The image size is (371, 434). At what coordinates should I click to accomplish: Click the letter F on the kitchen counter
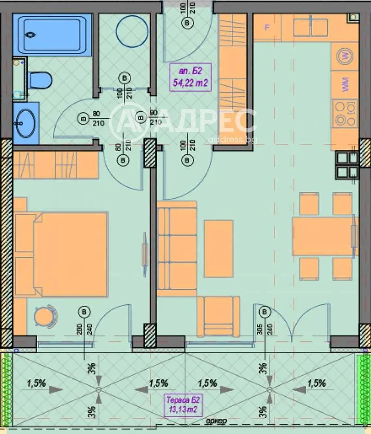tap(267, 27)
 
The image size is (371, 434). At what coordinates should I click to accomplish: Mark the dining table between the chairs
tap(324, 236)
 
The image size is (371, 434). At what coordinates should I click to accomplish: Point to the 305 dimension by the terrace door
tap(259, 329)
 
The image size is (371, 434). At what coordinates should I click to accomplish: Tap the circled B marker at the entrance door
tap(187, 22)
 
